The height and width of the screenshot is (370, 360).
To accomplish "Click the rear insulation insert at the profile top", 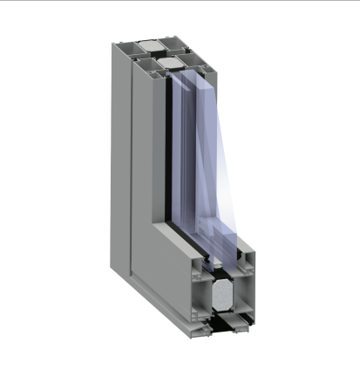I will pos(150,44).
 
